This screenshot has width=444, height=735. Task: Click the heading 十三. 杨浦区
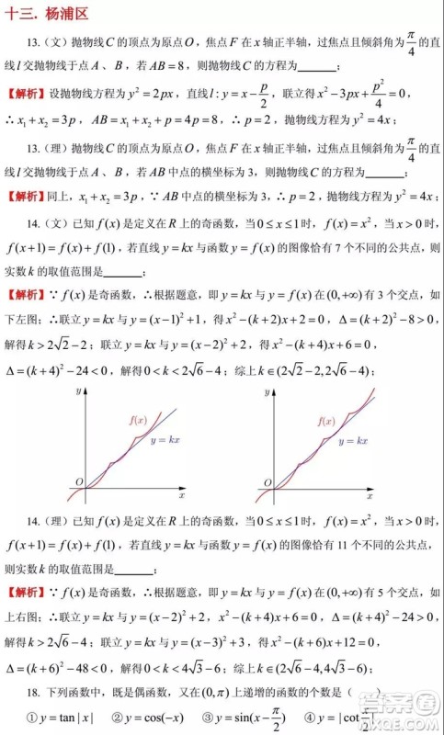pyautogui.click(x=46, y=12)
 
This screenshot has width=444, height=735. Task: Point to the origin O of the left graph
pyautogui.click(x=79, y=481)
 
